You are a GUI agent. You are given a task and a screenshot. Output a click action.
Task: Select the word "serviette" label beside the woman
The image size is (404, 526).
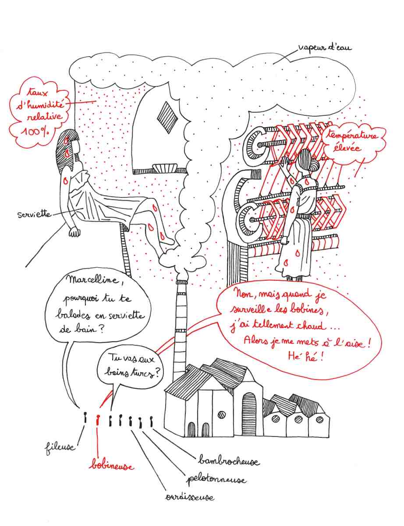pyautogui.click(x=33, y=215)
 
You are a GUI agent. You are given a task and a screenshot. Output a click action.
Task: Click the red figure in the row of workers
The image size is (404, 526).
pyautogui.click(x=98, y=419)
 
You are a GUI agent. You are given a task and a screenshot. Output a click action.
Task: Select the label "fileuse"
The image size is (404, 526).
pyautogui.click(x=59, y=448)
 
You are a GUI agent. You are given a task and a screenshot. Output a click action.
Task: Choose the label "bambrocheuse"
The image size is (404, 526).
pyautogui.click(x=228, y=461)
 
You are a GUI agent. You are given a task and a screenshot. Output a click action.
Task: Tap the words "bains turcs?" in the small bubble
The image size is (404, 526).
pyautogui.click(x=132, y=372)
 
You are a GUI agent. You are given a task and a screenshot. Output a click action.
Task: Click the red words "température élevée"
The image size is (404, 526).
pyautogui.click(x=354, y=142)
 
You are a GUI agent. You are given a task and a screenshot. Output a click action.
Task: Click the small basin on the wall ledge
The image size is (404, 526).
pyautogui.click(x=165, y=168)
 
